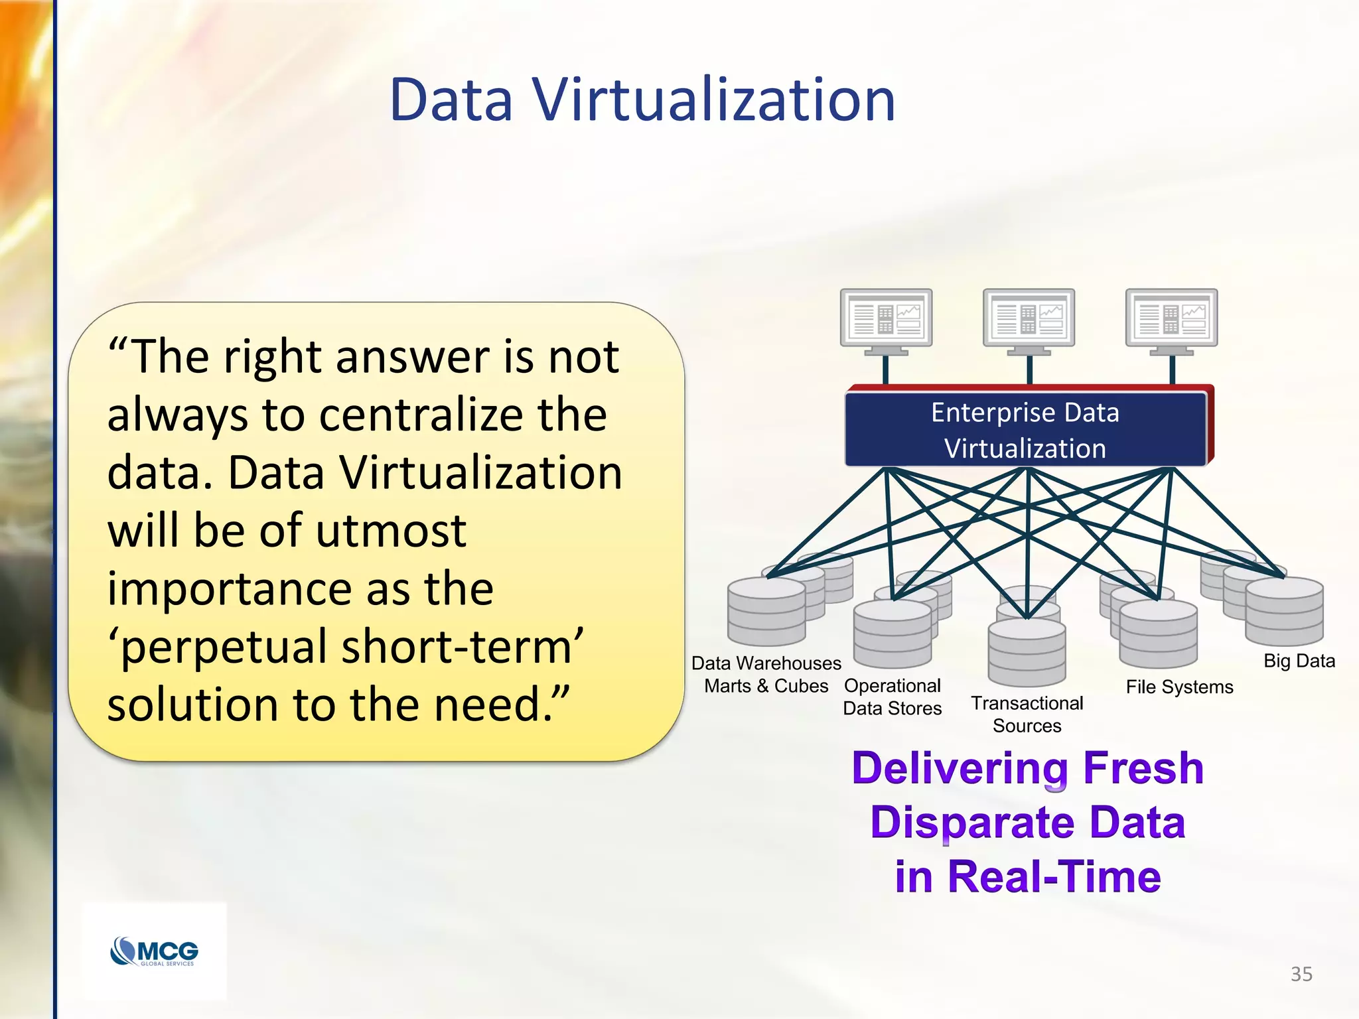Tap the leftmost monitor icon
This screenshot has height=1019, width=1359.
(886, 318)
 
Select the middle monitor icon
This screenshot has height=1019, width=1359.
(1029, 318)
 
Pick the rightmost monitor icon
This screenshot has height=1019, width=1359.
(1171, 318)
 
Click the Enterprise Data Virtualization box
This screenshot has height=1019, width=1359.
(1025, 430)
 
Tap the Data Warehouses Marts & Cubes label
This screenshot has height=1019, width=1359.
(766, 674)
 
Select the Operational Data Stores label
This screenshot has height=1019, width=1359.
(892, 697)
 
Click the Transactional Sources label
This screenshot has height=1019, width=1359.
(1027, 714)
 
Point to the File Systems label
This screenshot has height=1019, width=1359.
(1179, 687)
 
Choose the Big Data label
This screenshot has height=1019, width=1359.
(1299, 661)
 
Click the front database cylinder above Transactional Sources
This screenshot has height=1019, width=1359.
(1027, 653)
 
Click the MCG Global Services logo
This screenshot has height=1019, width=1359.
(154, 951)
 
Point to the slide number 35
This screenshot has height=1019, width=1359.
(1301, 974)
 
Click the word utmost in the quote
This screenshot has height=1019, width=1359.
(391, 531)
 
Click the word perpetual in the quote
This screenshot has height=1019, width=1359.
(225, 647)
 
